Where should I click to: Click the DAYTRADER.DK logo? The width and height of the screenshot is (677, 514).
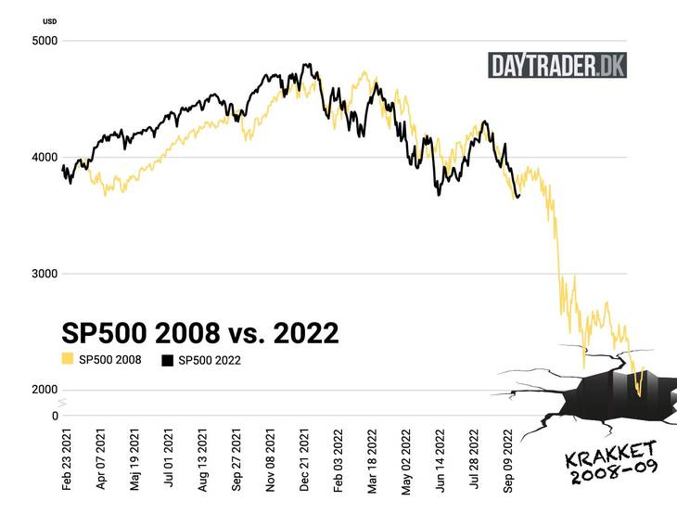[556, 65]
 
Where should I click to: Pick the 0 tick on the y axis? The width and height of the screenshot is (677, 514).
[54, 416]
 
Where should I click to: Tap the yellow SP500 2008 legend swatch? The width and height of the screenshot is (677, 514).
[67, 360]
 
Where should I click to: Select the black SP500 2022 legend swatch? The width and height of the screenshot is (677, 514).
[167, 360]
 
